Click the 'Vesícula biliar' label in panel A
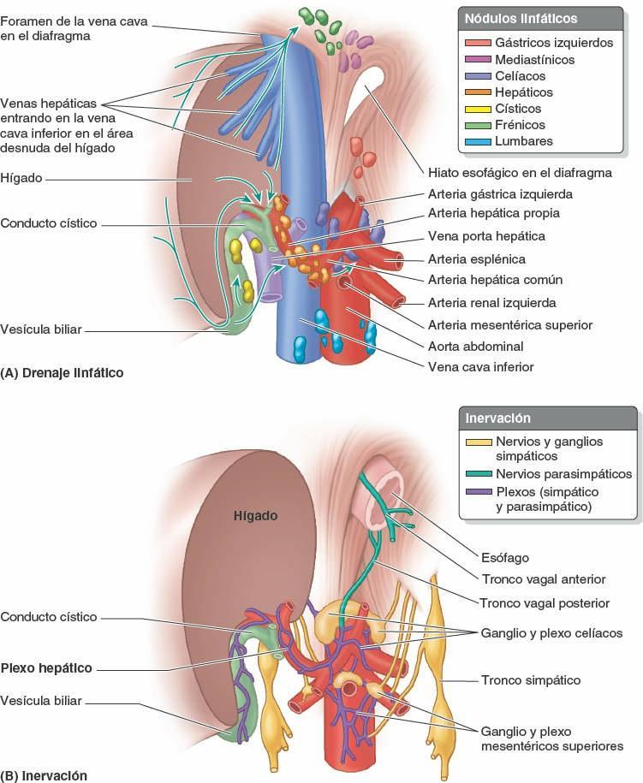tap(42, 329)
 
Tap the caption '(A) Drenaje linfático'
tap(63, 373)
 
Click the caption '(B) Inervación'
tap(45, 775)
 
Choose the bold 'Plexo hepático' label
tap(46, 668)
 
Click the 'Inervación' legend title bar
tap(497, 418)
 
